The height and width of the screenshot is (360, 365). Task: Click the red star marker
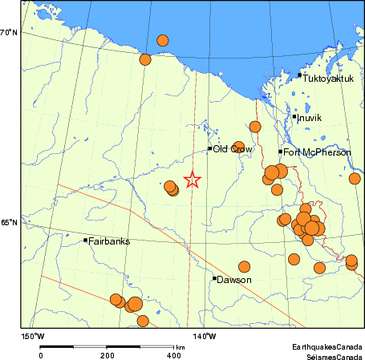(x=192, y=180)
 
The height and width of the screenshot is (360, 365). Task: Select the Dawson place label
(x=235, y=280)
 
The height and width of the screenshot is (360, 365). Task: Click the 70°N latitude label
(x=9, y=32)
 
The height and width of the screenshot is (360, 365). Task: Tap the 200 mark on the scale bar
(x=107, y=354)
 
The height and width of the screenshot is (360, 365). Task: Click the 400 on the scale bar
(x=172, y=354)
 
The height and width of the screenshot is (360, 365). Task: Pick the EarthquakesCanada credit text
(x=326, y=346)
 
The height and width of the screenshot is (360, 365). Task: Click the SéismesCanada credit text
(x=328, y=354)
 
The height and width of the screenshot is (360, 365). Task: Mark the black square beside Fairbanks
(x=85, y=240)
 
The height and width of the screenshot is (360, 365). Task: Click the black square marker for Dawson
(x=215, y=278)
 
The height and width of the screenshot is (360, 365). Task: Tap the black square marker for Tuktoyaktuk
(x=299, y=75)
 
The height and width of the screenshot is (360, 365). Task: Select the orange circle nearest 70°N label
(x=145, y=59)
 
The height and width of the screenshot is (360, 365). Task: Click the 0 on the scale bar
(x=41, y=354)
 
